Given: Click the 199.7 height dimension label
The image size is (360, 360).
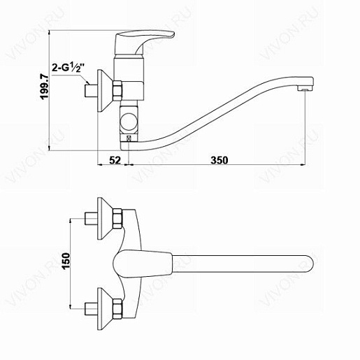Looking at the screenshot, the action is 44,86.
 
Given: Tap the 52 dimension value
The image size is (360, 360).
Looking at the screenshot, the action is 115,160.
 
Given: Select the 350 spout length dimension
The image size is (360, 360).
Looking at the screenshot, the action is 219,160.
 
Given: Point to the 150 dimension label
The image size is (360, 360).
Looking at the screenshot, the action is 66,261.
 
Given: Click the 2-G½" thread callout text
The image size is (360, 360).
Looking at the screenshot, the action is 67,68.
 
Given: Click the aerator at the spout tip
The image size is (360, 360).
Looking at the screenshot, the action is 304,89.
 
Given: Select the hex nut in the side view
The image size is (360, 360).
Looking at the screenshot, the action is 117,91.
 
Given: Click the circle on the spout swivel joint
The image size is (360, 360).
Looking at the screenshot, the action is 129,121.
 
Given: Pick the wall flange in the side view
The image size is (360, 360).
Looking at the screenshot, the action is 103,91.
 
